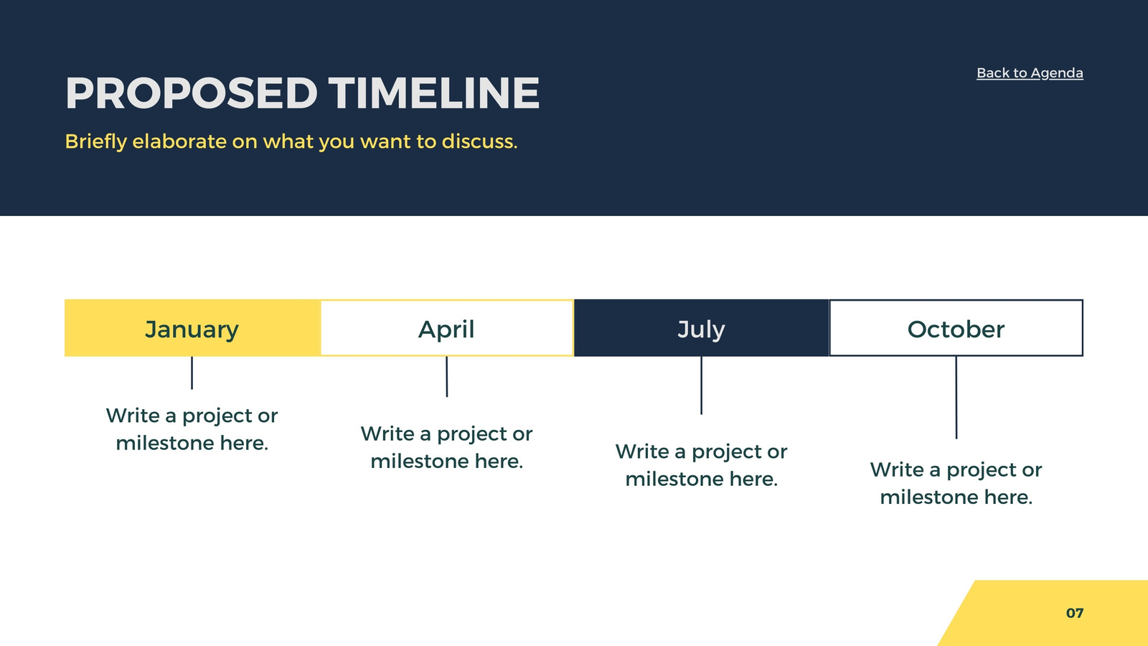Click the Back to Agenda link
[1030, 73]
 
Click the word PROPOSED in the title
[192, 93]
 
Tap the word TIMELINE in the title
[434, 93]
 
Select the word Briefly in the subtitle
[96, 141]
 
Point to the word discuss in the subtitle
[479, 141]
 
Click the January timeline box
[192, 327]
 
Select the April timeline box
[446, 327]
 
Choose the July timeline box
[701, 327]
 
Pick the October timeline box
[956, 327]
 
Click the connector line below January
[192, 373]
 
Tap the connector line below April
[447, 377]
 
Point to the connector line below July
[702, 385]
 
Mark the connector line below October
[956, 398]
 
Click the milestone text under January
[192, 429]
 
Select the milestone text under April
[447, 447]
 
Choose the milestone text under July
[702, 465]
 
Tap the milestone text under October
[956, 483]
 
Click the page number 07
[1075, 613]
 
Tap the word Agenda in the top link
[1057, 73]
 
